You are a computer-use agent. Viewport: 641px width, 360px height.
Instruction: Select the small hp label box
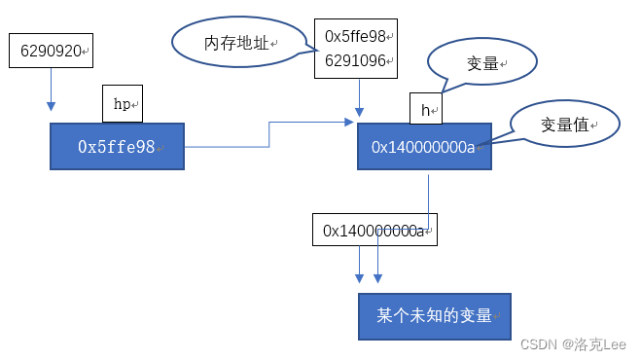point(123,103)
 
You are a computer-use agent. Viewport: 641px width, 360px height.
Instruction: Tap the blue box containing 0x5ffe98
point(117,147)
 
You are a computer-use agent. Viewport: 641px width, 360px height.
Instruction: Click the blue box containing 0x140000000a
point(423,147)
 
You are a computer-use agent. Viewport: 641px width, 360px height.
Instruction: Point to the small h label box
point(425,110)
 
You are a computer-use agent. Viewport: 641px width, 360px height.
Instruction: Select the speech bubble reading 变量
point(482,64)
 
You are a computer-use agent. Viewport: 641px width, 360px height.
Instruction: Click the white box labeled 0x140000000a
point(374,231)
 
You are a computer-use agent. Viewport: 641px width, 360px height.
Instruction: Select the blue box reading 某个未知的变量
point(434,316)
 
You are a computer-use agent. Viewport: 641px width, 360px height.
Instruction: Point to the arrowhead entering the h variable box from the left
point(349,123)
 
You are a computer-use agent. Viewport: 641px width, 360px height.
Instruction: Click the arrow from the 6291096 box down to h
point(361,97)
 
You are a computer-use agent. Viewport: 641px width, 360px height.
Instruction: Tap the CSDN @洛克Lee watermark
point(573,344)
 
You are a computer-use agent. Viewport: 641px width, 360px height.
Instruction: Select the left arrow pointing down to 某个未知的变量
point(360,265)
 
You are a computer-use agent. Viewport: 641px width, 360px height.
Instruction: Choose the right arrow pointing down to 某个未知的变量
point(377,265)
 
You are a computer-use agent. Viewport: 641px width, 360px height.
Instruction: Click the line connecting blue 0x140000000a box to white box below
point(428,195)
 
